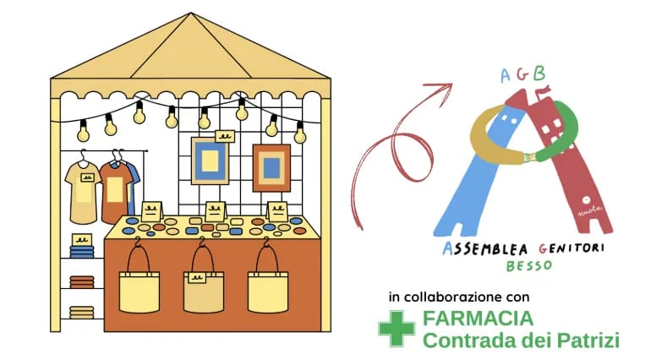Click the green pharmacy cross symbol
397,329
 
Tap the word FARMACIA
478,319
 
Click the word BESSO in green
529,265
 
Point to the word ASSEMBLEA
485,248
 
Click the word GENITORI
571,248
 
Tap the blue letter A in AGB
505,76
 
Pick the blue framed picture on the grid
210,161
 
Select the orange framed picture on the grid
271,168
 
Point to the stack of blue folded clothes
82,251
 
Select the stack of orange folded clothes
82,282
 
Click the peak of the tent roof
191,14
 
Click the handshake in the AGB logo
528,157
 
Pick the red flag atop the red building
544,90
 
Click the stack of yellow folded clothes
82,312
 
